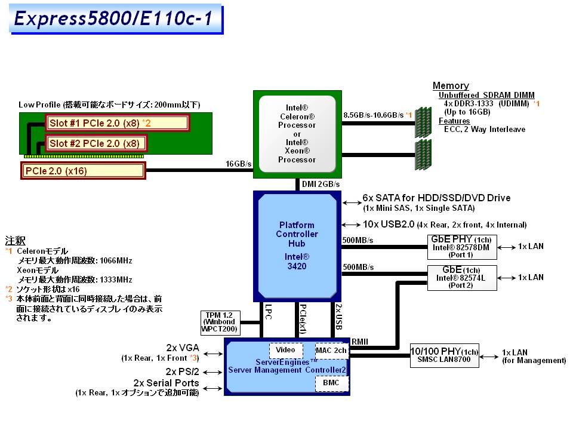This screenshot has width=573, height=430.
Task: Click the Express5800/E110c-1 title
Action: [113, 19]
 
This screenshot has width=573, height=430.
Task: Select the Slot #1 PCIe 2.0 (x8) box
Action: [117, 123]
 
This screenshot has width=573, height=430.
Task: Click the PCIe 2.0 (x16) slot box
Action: [83, 171]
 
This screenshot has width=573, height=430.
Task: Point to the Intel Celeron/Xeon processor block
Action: [297, 134]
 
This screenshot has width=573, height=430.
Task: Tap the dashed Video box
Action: [286, 350]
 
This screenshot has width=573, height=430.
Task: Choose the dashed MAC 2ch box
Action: [331, 350]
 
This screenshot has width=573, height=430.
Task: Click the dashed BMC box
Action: [331, 382]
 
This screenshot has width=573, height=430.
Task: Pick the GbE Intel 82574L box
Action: [461, 278]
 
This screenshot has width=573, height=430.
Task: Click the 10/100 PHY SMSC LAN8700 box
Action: [445, 356]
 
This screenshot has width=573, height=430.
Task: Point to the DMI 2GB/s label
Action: [321, 184]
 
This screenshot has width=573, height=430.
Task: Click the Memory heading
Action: [451, 86]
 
